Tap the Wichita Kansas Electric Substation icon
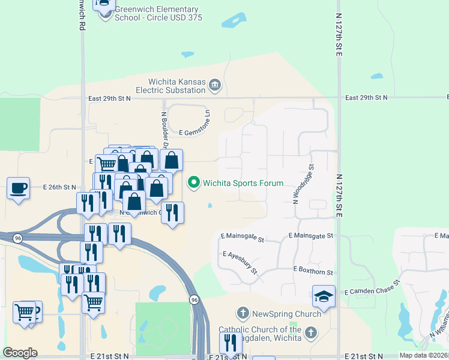click(214, 86)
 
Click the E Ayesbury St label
click(240, 262)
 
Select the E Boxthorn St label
click(313, 272)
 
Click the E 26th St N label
click(60, 187)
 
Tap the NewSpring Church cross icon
click(243, 313)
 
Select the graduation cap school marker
click(324, 296)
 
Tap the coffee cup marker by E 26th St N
click(19, 188)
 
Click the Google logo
click(20, 353)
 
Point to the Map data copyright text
click(424, 355)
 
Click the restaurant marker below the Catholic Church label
click(231, 343)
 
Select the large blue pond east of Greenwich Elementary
click(234, 21)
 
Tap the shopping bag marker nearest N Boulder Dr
click(171, 160)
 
